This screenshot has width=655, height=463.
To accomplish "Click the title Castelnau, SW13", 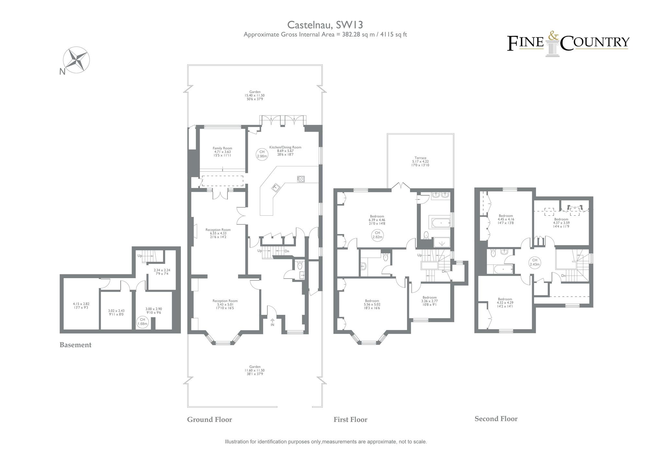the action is point(325,25).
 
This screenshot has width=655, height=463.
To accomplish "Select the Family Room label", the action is point(222,152).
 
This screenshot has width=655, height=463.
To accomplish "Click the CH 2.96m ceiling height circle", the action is point(262,154).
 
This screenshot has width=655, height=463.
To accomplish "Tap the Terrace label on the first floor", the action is point(420,161).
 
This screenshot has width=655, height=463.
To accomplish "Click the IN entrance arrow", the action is point(272,322).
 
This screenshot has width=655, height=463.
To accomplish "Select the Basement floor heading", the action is point(76,345).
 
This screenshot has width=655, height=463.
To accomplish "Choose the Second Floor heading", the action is point(496,419).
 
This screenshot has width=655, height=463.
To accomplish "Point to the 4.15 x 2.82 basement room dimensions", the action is point(81,305).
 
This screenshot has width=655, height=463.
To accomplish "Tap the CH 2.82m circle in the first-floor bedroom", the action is point(377,235).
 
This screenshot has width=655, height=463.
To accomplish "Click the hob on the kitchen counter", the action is point(301,179).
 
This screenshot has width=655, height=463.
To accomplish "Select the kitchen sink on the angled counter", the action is point(276,187).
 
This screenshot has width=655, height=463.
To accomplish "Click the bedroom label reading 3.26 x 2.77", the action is point(429,301).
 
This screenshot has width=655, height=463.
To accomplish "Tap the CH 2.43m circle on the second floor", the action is point(534,262).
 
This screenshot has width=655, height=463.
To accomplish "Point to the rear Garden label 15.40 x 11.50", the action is point(255,95).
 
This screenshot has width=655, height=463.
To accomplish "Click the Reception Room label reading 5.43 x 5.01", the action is point(225,304).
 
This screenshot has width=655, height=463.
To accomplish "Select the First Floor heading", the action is point(350,420).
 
